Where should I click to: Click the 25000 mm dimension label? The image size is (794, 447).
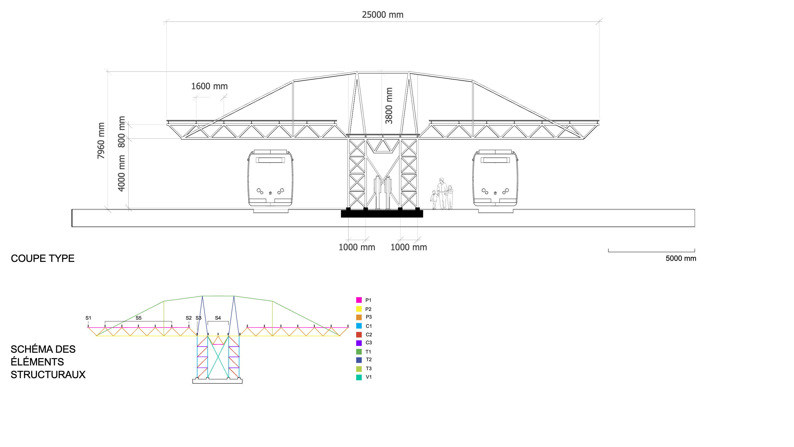click(382, 15)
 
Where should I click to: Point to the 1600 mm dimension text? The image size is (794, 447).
click(209, 86)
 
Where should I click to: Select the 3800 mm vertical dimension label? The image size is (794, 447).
click(389, 105)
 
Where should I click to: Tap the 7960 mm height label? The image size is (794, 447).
click(101, 141)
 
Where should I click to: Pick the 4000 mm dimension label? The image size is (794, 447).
click(121, 173)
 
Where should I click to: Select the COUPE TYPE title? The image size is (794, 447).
click(43, 258)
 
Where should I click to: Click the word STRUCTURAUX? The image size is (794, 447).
click(48, 374)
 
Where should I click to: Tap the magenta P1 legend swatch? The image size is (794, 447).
click(359, 300)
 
